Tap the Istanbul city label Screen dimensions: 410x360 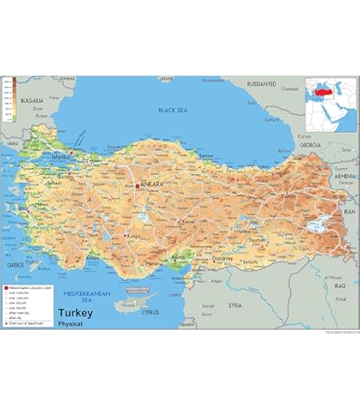point(64,155)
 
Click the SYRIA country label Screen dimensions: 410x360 point(236,304)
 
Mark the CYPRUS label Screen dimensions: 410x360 point(149,313)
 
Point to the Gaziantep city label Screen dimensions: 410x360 point(223,258)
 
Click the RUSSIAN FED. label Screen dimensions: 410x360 point(266,84)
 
